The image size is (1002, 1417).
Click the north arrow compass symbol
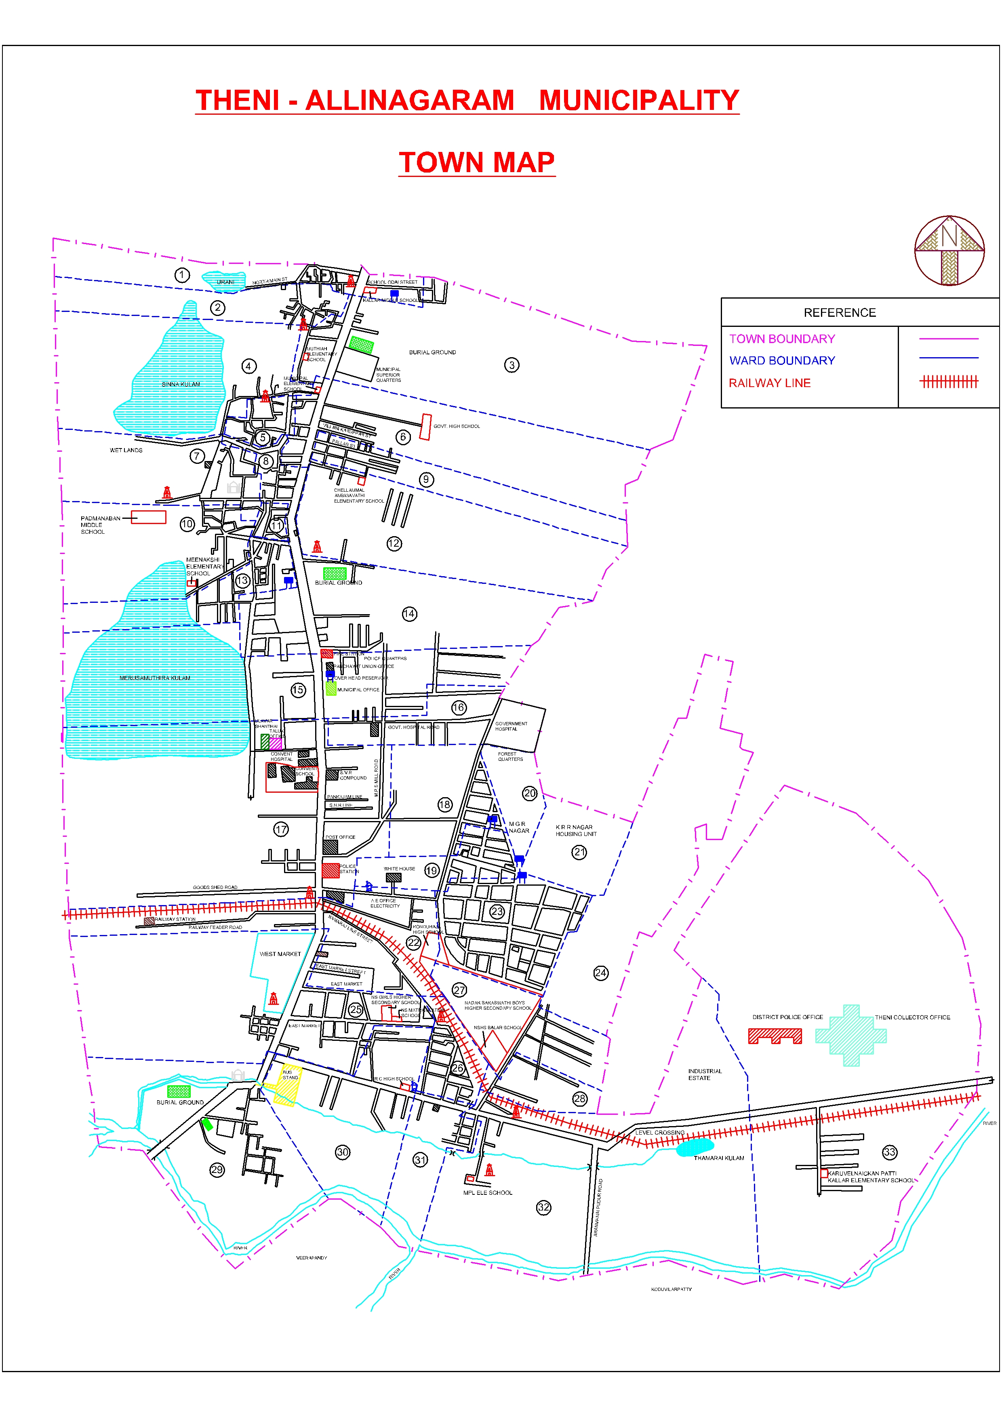pyautogui.click(x=949, y=250)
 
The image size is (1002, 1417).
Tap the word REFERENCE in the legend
pyautogui.click(x=839, y=313)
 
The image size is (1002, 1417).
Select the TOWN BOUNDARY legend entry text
pyautogui.click(x=782, y=339)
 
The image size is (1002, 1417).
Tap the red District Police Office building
pyautogui.click(x=775, y=1036)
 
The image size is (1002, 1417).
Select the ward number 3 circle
pyautogui.click(x=512, y=365)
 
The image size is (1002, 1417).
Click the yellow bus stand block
pyautogui.click(x=288, y=1084)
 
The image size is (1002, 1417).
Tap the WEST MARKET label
pyautogui.click(x=280, y=954)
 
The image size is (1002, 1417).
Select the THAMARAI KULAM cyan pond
pyautogui.click(x=695, y=1147)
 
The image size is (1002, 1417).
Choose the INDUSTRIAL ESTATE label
pyautogui.click(x=705, y=1074)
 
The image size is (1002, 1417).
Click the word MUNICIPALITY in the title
pyautogui.click(x=639, y=101)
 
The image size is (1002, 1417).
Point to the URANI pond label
pyautogui.click(x=225, y=282)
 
